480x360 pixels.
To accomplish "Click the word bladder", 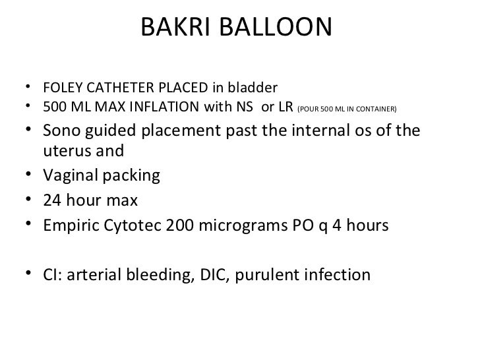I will tap(256, 88).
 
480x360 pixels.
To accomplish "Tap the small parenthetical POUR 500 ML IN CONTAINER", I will tap(347, 108).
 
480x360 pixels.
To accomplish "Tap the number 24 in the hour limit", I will tap(51, 201).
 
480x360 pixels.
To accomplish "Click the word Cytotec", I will tap(125, 225).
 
